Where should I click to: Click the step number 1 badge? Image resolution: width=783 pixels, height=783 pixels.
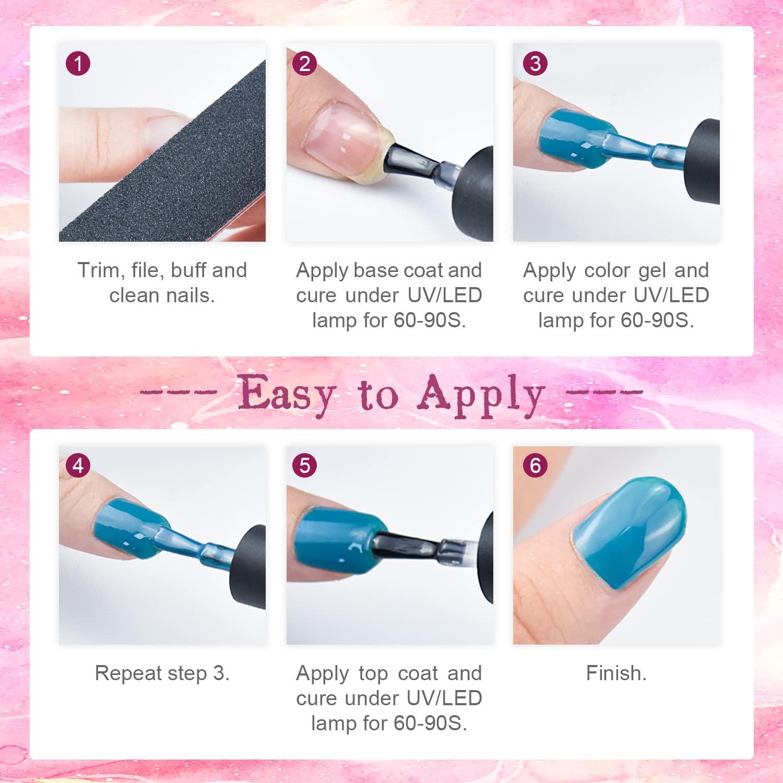(78, 64)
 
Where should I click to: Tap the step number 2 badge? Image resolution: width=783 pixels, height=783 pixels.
(305, 64)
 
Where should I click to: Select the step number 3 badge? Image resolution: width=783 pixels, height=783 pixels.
(535, 64)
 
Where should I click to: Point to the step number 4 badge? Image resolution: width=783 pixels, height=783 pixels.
(78, 465)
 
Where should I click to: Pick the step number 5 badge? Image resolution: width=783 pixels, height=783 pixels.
(305, 465)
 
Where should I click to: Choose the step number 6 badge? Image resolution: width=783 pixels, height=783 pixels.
(535, 465)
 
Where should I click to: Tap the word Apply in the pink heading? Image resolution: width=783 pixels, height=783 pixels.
(481, 396)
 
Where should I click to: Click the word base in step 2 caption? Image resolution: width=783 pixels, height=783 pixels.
(376, 270)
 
